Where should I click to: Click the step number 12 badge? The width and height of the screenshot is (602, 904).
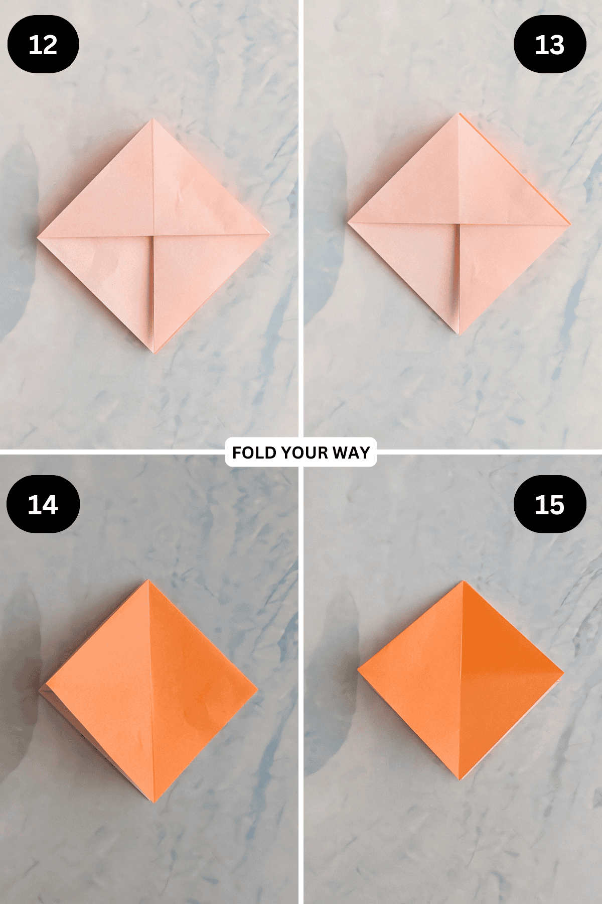(x=43, y=45)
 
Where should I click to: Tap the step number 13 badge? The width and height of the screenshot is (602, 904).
(x=550, y=45)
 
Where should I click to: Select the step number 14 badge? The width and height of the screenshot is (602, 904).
(x=43, y=504)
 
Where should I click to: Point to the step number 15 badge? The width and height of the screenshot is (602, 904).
(x=550, y=504)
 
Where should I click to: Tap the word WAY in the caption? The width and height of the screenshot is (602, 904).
(x=351, y=453)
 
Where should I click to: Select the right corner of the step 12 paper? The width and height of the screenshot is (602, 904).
(x=269, y=233)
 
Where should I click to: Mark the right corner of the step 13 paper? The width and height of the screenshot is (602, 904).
(x=570, y=223)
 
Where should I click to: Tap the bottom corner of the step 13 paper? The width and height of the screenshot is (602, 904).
(x=459, y=334)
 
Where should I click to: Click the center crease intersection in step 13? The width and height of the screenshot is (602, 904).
(x=459, y=223)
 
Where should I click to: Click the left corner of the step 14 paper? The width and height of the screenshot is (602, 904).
(x=40, y=691)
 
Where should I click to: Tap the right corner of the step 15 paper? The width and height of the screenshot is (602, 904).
(x=563, y=672)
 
